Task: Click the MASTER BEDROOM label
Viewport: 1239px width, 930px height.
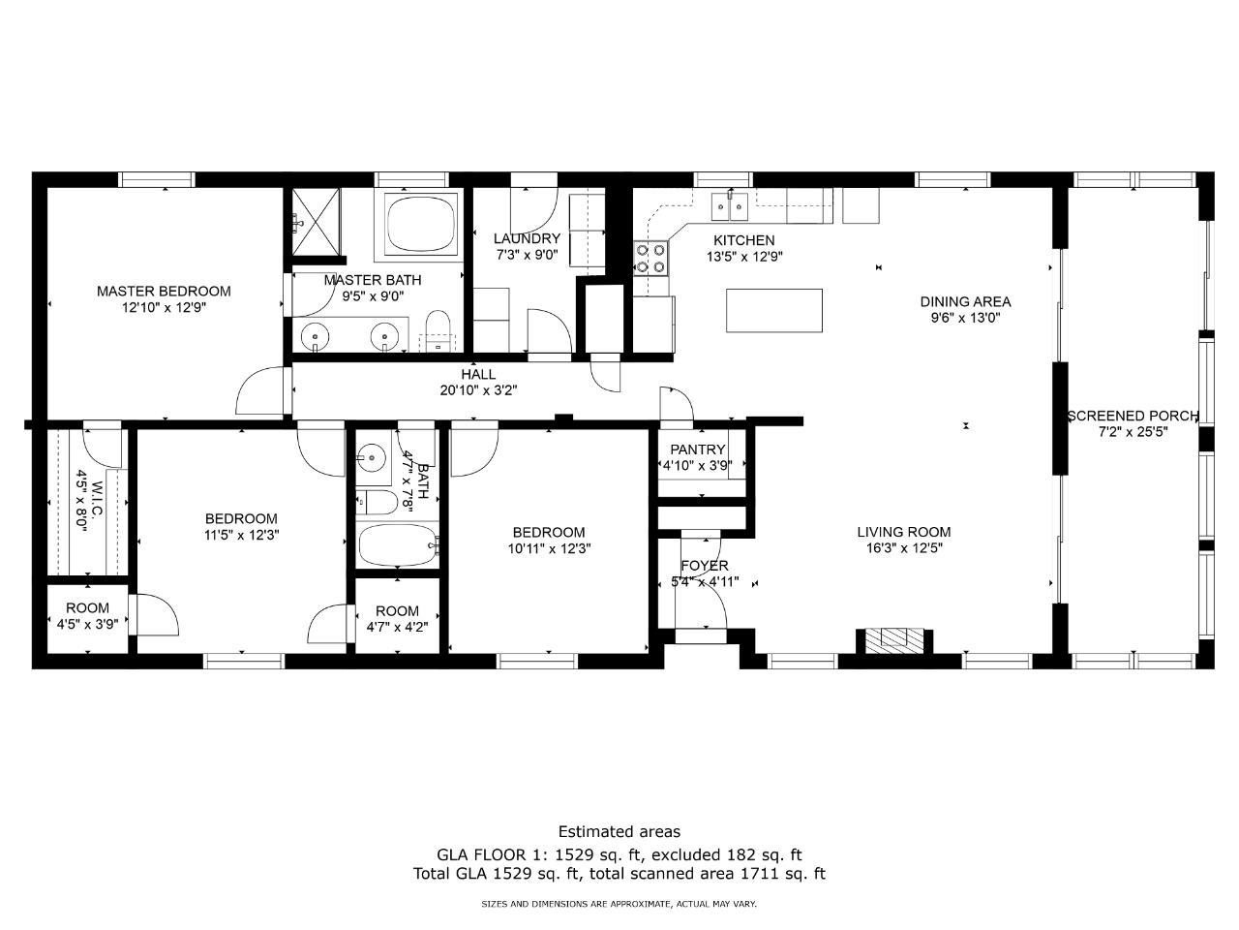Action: (164, 292)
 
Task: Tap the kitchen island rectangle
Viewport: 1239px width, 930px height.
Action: (773, 311)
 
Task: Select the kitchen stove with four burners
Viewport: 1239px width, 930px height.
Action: (650, 258)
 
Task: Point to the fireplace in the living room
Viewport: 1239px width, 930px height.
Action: (894, 641)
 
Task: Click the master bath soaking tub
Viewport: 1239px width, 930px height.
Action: (421, 224)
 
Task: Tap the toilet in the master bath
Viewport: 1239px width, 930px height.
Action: (438, 331)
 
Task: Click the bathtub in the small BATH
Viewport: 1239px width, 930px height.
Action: (398, 545)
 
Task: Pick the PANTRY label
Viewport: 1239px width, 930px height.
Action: (698, 449)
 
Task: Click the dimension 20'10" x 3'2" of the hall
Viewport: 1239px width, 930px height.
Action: (479, 390)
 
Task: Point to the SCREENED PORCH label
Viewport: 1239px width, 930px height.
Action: (1133, 417)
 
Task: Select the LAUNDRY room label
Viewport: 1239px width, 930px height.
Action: (527, 238)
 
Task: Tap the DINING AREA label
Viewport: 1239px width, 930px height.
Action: (965, 301)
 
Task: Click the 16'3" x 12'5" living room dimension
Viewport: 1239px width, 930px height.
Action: (904, 547)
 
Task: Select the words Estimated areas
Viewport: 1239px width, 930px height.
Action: (619, 832)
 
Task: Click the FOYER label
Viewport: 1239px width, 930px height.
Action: (705, 565)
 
